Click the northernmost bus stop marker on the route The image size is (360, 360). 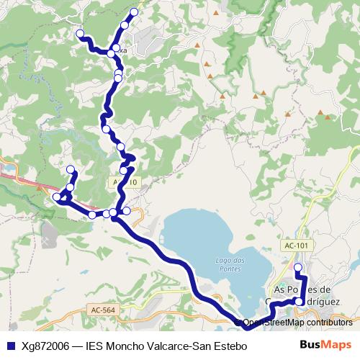click(134, 12)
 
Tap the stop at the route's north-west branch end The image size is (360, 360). click(80, 33)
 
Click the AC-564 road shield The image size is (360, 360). click(102, 310)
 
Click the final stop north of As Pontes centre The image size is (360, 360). click(298, 267)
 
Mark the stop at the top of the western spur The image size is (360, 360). click(71, 170)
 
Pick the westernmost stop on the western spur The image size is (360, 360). click(56, 197)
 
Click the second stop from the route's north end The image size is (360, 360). click(125, 25)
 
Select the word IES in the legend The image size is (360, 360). click(94, 346)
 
